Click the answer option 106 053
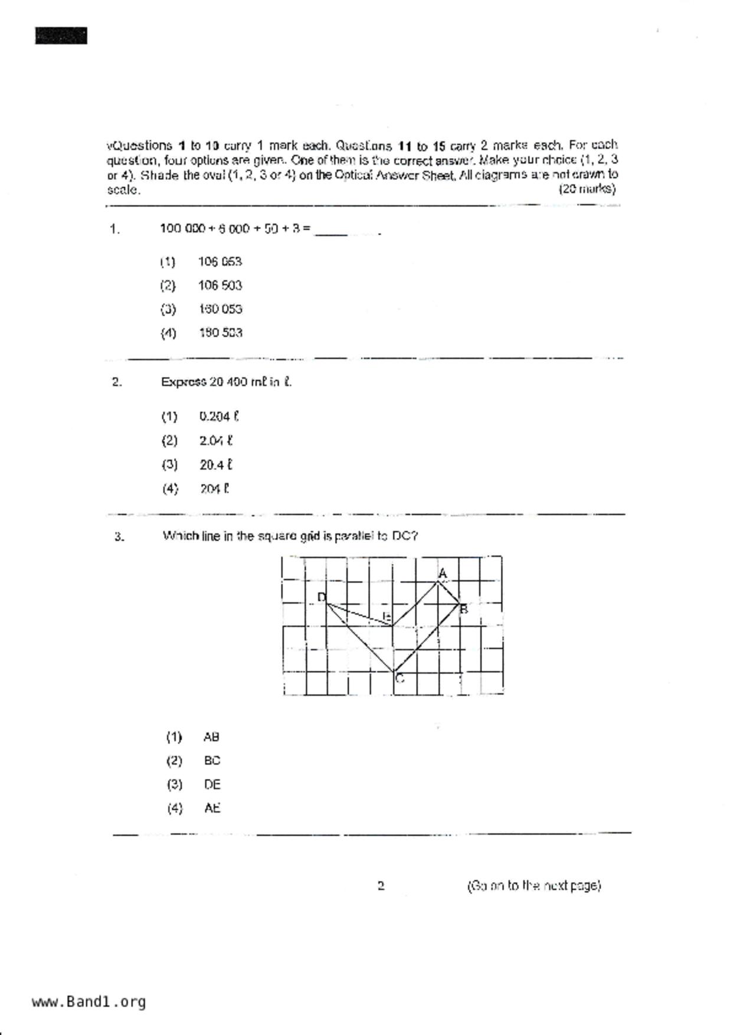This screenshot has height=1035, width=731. coord(219,261)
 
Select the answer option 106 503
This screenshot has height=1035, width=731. coord(219,286)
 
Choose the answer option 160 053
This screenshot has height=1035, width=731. coord(220,309)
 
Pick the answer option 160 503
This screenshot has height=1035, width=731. coord(220,333)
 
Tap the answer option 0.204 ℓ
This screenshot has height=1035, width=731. coord(218,417)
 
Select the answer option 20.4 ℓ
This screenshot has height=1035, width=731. coord(215,465)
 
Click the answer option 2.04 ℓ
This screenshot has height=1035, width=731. coord(215,441)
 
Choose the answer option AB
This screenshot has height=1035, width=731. coord(211,737)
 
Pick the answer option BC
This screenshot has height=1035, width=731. coord(212,761)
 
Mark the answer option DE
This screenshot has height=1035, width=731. coord(212,785)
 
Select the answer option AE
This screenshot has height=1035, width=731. coord(212,808)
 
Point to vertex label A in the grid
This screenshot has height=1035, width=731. coord(443,574)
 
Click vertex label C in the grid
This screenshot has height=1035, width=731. coord(400,679)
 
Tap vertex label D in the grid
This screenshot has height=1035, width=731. coord(322,597)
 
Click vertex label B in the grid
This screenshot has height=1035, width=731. coord(464,609)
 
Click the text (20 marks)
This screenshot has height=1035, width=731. coord(586,189)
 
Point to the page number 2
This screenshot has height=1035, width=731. coord(381,886)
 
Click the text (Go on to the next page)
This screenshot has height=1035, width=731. coord(533,886)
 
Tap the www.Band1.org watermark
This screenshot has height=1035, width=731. coord(88,1002)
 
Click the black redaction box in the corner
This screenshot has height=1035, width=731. coord(61,36)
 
